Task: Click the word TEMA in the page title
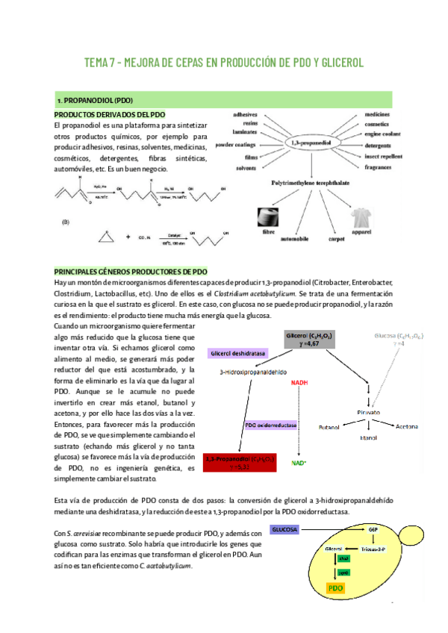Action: click(98, 63)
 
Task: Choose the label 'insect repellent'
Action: click(385, 158)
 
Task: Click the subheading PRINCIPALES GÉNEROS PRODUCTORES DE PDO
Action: click(131, 272)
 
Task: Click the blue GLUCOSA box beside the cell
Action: click(284, 529)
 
